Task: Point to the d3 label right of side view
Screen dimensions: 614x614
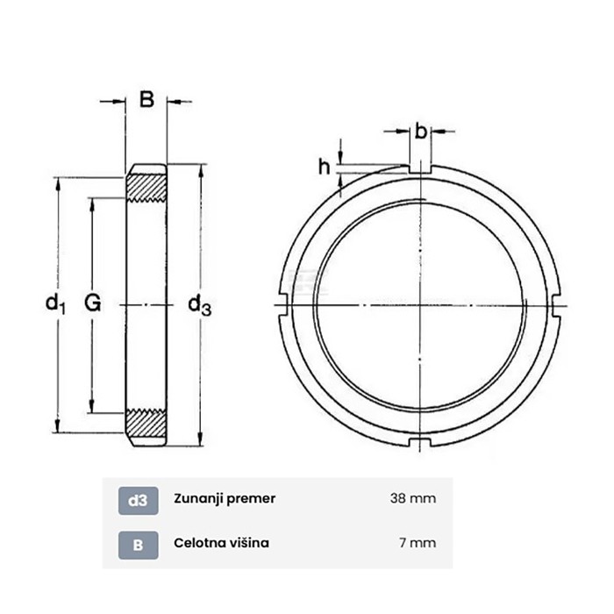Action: pos(200,304)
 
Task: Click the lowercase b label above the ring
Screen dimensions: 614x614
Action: pos(421,132)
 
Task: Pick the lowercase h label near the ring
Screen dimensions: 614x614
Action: pos(323,167)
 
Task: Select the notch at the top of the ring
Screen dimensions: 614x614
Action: pos(421,168)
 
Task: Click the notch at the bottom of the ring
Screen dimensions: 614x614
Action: pos(421,439)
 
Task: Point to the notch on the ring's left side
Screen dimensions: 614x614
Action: pos(283,304)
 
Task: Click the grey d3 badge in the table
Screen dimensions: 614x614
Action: pos(138,499)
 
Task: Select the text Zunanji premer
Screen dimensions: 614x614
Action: pos(225,499)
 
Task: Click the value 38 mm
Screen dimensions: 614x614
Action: pos(412,499)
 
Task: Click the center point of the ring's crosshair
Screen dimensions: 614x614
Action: pos(421,304)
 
